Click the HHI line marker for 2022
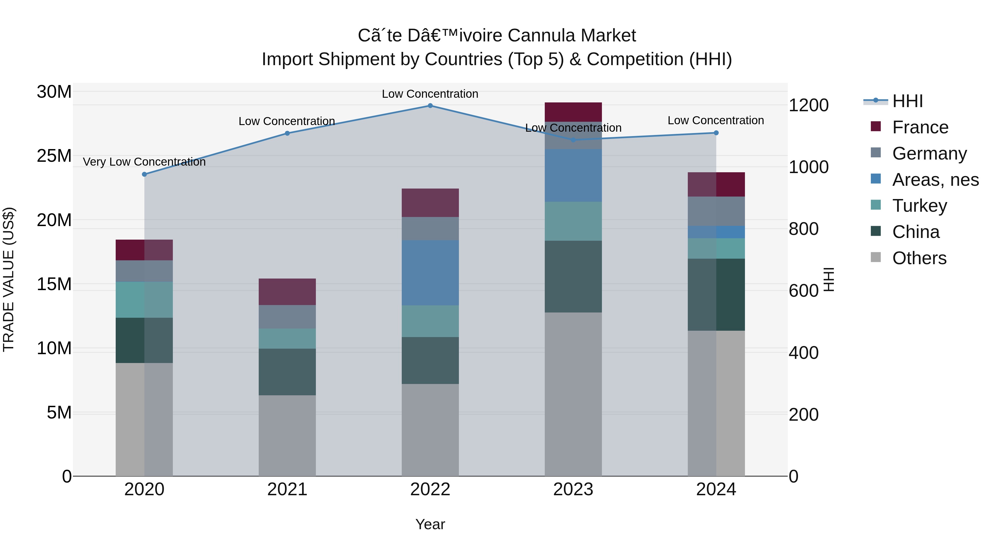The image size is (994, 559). [430, 105]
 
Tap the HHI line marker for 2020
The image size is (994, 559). [144, 174]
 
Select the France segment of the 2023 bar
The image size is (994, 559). [573, 112]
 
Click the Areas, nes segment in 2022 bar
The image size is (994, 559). [430, 273]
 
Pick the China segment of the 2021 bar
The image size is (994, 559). [287, 372]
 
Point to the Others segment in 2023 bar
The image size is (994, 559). [573, 394]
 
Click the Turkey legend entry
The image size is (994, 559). [919, 206]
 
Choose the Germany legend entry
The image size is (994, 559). [929, 153]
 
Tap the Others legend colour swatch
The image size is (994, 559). [876, 257]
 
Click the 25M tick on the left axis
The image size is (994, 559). [54, 156]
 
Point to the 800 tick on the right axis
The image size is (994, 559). [803, 229]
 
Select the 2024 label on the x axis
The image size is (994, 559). [716, 489]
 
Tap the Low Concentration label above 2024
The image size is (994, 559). [715, 120]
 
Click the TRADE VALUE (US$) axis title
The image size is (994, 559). [9, 279]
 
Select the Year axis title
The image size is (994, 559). [430, 524]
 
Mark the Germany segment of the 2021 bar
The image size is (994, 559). [287, 317]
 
